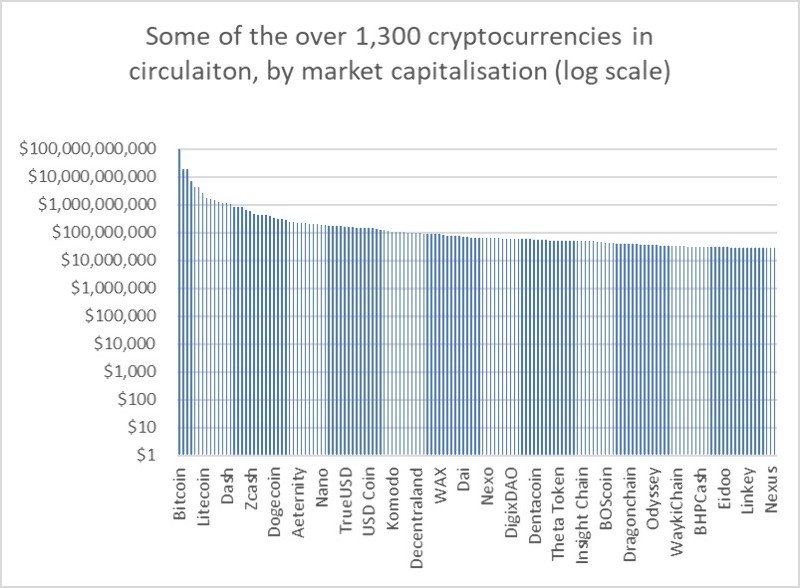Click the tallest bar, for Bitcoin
pos(179,300)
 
